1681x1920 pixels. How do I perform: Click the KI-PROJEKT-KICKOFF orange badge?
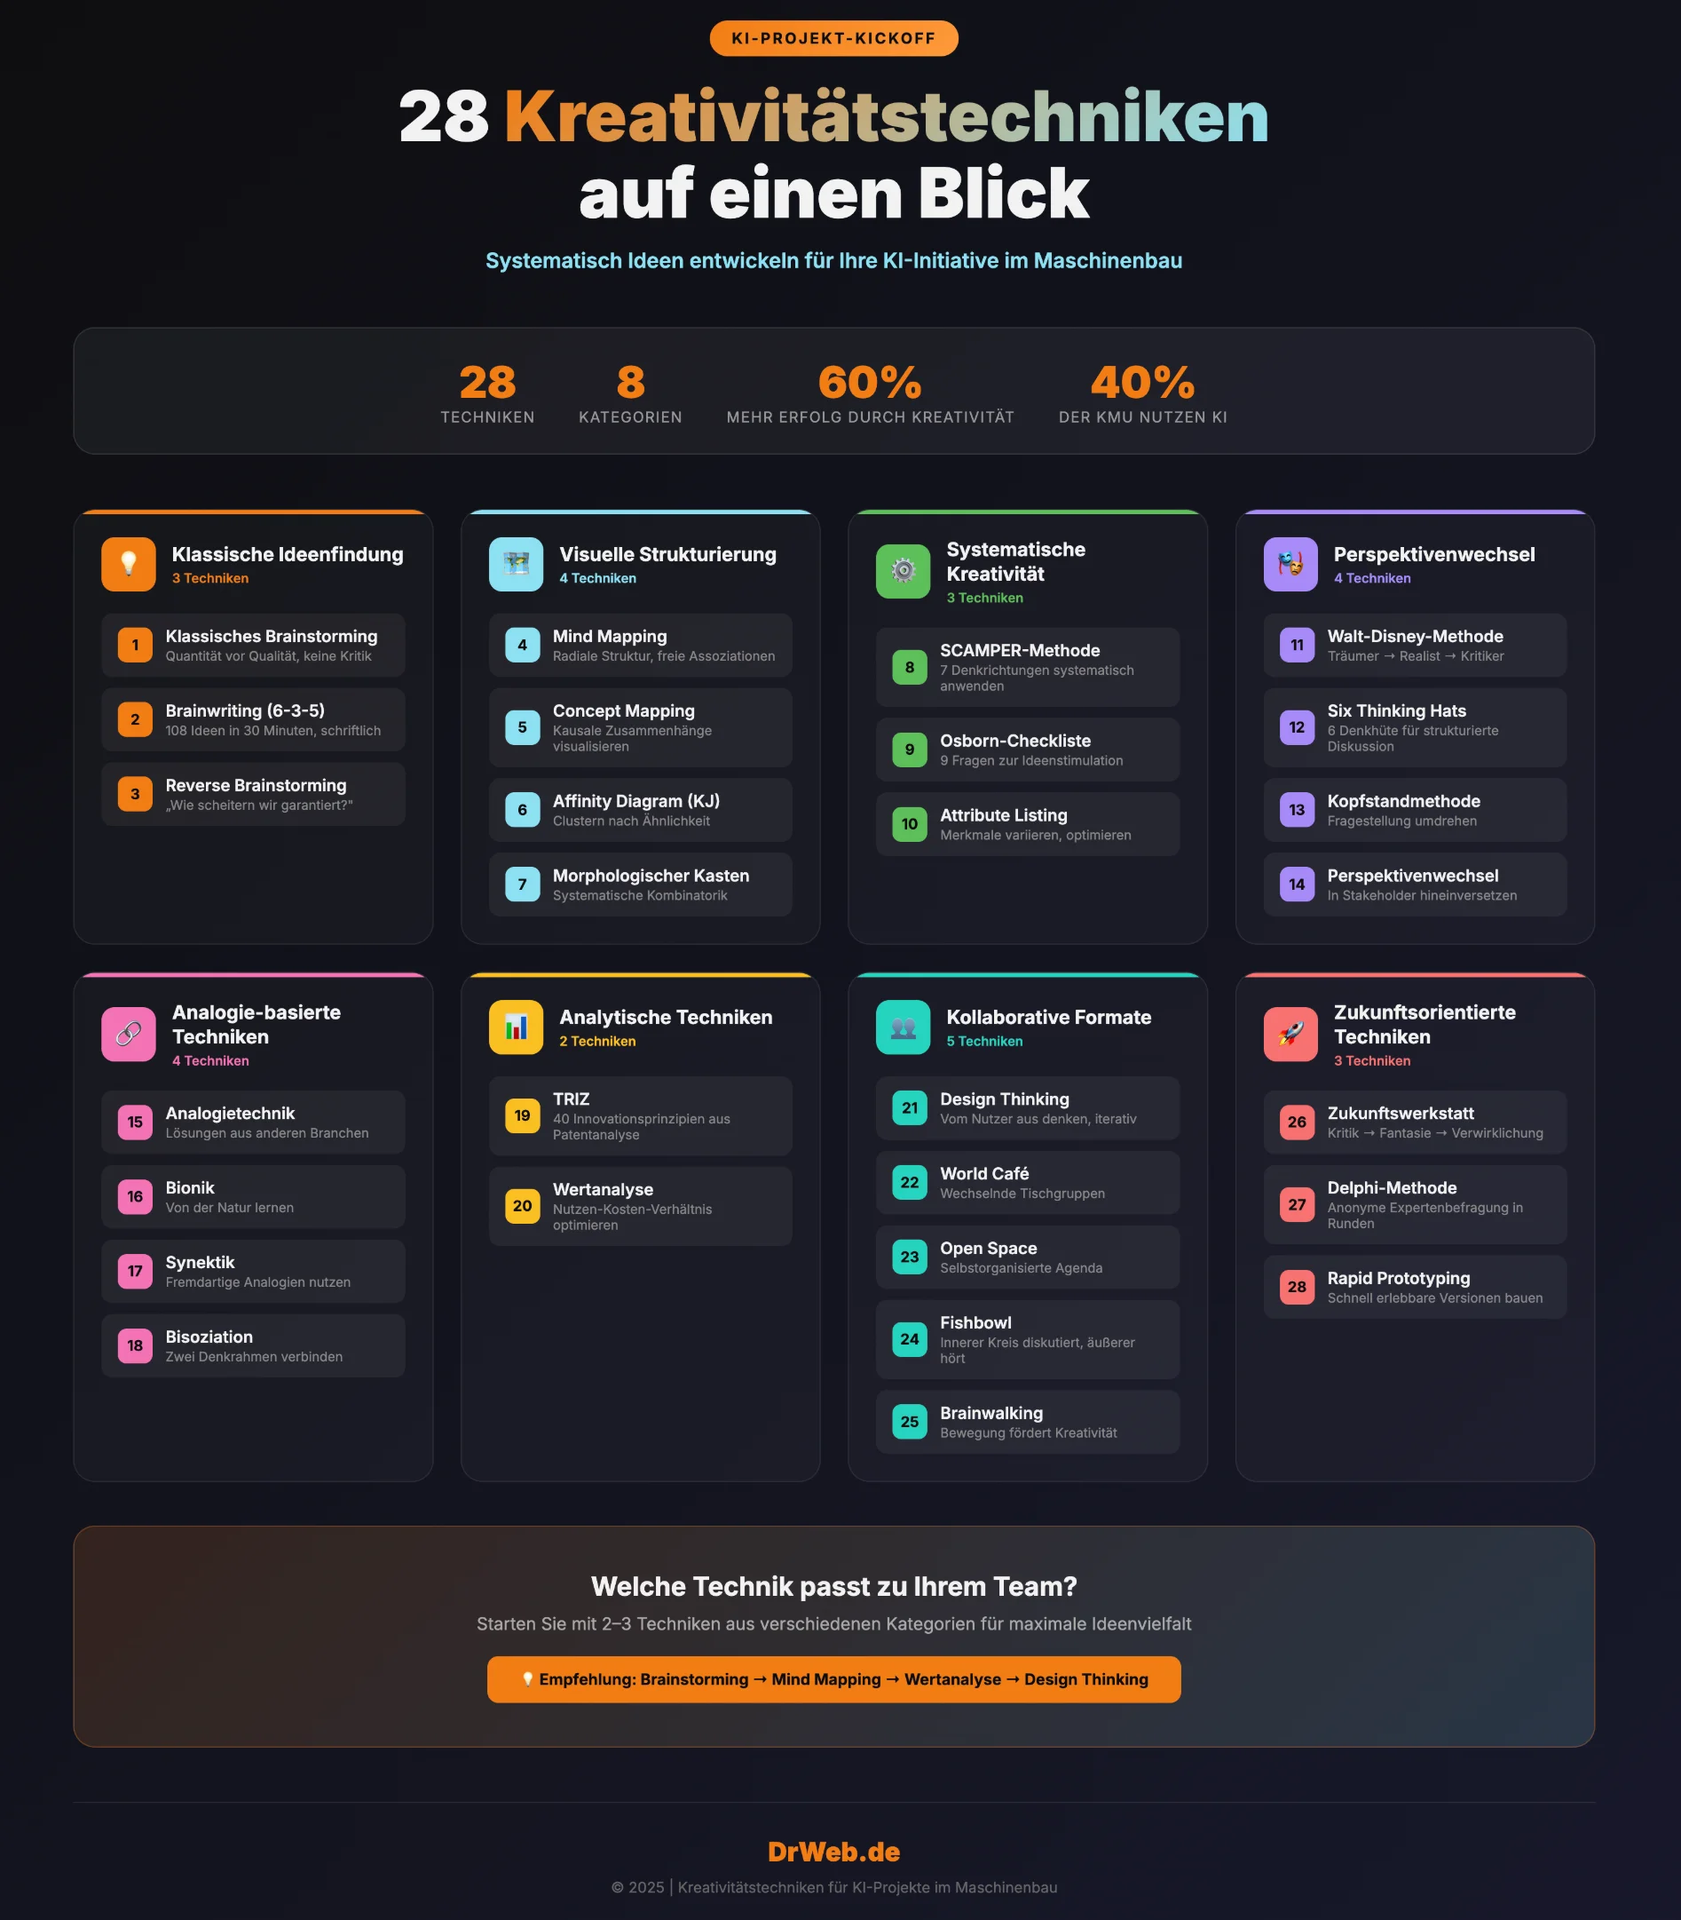pos(833,38)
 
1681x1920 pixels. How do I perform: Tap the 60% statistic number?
pos(870,382)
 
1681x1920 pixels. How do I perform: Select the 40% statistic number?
pos(1141,382)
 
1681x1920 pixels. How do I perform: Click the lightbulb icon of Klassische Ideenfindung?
pos(129,564)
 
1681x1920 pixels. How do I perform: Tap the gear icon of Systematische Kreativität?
pos(903,570)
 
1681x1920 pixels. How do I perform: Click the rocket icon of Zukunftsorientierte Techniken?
pos(1290,1034)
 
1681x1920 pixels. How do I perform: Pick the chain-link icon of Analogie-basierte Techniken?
pos(129,1034)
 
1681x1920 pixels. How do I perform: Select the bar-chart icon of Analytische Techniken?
pos(516,1027)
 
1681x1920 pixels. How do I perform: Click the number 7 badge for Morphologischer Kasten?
pos(523,884)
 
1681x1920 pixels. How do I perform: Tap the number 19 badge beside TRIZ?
pos(523,1115)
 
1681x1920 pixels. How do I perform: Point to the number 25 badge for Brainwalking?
pos(909,1422)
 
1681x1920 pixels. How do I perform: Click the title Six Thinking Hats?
pos(1396,710)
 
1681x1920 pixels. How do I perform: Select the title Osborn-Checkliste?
pos(1015,741)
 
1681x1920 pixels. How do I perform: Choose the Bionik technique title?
pos(189,1187)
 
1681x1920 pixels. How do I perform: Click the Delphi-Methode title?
pos(1391,1187)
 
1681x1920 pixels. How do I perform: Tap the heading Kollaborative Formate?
pos(1048,1016)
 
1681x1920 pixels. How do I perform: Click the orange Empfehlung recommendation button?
pos(833,1678)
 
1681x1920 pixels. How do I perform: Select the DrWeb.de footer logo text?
pos(833,1852)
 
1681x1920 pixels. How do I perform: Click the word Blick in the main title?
pos(1003,194)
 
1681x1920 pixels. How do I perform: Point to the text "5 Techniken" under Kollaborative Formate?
pos(984,1041)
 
